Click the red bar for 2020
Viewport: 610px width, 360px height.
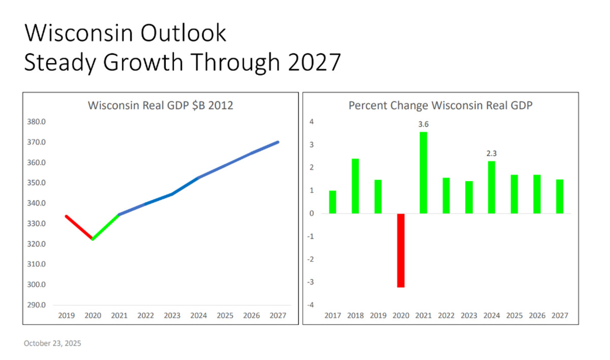pos(401,250)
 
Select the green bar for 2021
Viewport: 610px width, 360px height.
pos(423,173)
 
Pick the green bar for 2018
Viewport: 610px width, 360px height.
pos(355,186)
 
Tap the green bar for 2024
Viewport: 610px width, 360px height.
pos(491,187)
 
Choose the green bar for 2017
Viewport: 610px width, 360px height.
pos(332,202)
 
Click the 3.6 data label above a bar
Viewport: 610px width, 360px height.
pos(423,124)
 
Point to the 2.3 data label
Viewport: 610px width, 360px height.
pos(491,153)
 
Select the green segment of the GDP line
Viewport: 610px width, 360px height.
pos(106,227)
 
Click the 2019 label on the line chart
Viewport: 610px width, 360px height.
pos(66,316)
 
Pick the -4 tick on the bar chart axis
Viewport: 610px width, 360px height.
pos(312,305)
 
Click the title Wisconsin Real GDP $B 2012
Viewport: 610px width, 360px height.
pos(160,106)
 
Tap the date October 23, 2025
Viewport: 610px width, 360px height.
pos(52,344)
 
